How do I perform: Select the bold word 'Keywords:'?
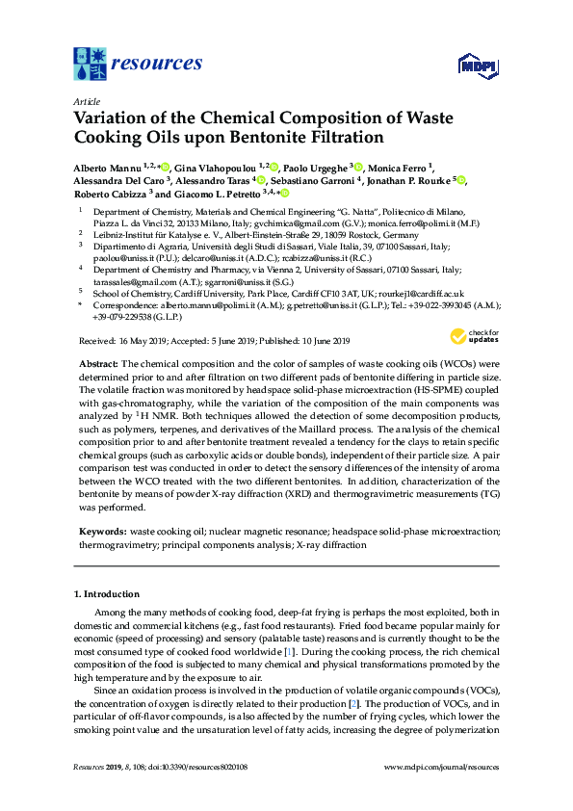point(102,531)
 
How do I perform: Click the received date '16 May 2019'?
point(143,342)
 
